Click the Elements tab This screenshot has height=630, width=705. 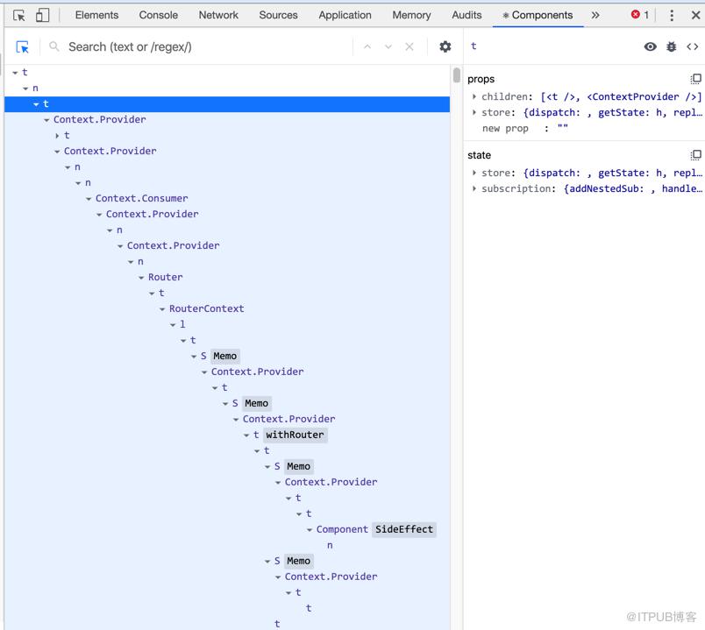tap(96, 15)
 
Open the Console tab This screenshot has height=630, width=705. tap(158, 15)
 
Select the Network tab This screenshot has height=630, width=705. tap(218, 15)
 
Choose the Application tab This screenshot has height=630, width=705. tap(345, 15)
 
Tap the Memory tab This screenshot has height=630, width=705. tap(411, 15)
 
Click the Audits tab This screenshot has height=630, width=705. tap(466, 15)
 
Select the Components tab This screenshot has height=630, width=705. tap(538, 15)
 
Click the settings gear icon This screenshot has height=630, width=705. tap(445, 46)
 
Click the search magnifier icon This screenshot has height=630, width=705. tap(54, 46)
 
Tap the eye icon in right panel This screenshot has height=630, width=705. tap(650, 46)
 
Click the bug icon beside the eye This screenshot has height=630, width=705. tap(672, 46)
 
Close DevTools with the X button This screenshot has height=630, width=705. tap(695, 15)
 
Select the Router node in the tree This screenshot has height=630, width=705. tap(166, 277)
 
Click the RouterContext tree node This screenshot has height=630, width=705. tap(206, 308)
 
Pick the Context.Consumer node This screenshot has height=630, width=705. tap(142, 198)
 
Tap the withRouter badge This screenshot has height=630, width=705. tap(295, 435)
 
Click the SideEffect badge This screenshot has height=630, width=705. tap(404, 529)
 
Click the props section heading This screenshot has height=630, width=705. tap(481, 79)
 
